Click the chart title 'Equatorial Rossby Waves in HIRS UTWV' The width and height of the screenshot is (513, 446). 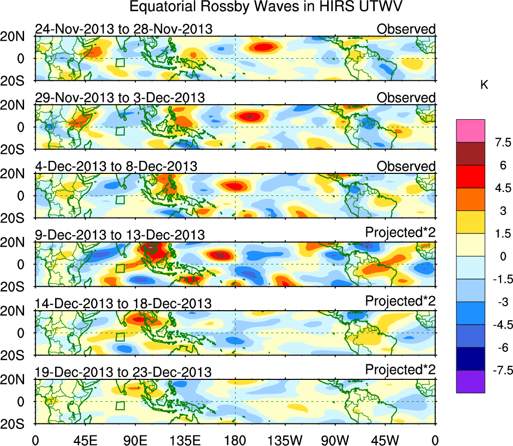click(x=266, y=8)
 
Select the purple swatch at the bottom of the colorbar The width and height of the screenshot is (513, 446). click(x=470, y=381)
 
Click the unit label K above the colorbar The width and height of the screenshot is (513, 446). click(x=484, y=85)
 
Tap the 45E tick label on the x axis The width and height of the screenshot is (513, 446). click(x=85, y=439)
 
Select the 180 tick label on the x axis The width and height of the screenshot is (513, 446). click(x=235, y=439)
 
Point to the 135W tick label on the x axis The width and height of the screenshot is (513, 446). click(x=285, y=439)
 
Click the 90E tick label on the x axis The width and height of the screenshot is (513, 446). click(x=135, y=439)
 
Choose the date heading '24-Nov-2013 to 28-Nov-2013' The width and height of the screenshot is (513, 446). click(x=123, y=29)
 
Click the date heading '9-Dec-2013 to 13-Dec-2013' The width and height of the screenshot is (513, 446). click(x=120, y=235)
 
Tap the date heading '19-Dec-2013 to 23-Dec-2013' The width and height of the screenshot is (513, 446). click(x=123, y=372)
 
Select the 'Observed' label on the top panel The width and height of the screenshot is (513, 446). click(x=406, y=29)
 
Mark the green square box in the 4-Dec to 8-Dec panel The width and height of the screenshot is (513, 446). click(x=120, y=199)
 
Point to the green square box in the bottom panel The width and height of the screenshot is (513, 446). click(x=120, y=405)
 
